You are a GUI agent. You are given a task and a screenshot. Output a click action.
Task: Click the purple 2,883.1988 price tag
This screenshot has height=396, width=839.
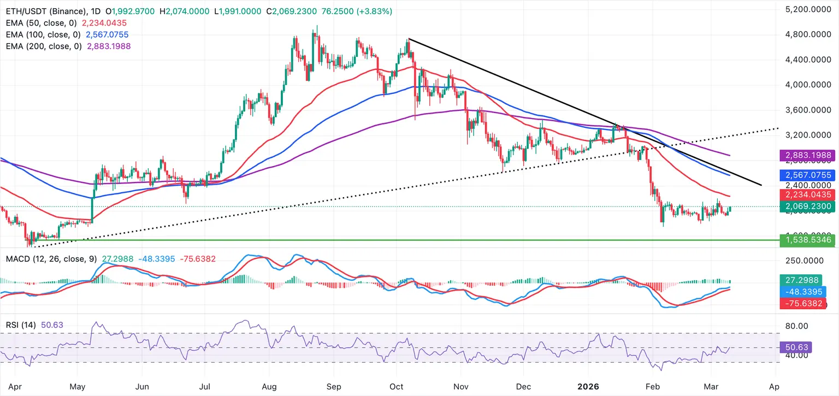click(805, 156)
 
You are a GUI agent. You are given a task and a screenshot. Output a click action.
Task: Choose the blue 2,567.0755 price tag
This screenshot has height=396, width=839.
click(805, 175)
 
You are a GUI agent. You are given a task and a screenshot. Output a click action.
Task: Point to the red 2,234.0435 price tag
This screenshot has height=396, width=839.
click(805, 194)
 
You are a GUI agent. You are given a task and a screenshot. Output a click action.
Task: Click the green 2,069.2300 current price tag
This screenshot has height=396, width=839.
click(805, 206)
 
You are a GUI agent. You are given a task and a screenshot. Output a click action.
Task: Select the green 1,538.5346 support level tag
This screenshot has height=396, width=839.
click(805, 239)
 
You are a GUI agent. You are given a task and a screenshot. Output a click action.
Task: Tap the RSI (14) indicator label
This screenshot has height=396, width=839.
click(21, 325)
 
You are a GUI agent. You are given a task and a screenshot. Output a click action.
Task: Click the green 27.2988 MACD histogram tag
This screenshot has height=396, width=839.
click(805, 280)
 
